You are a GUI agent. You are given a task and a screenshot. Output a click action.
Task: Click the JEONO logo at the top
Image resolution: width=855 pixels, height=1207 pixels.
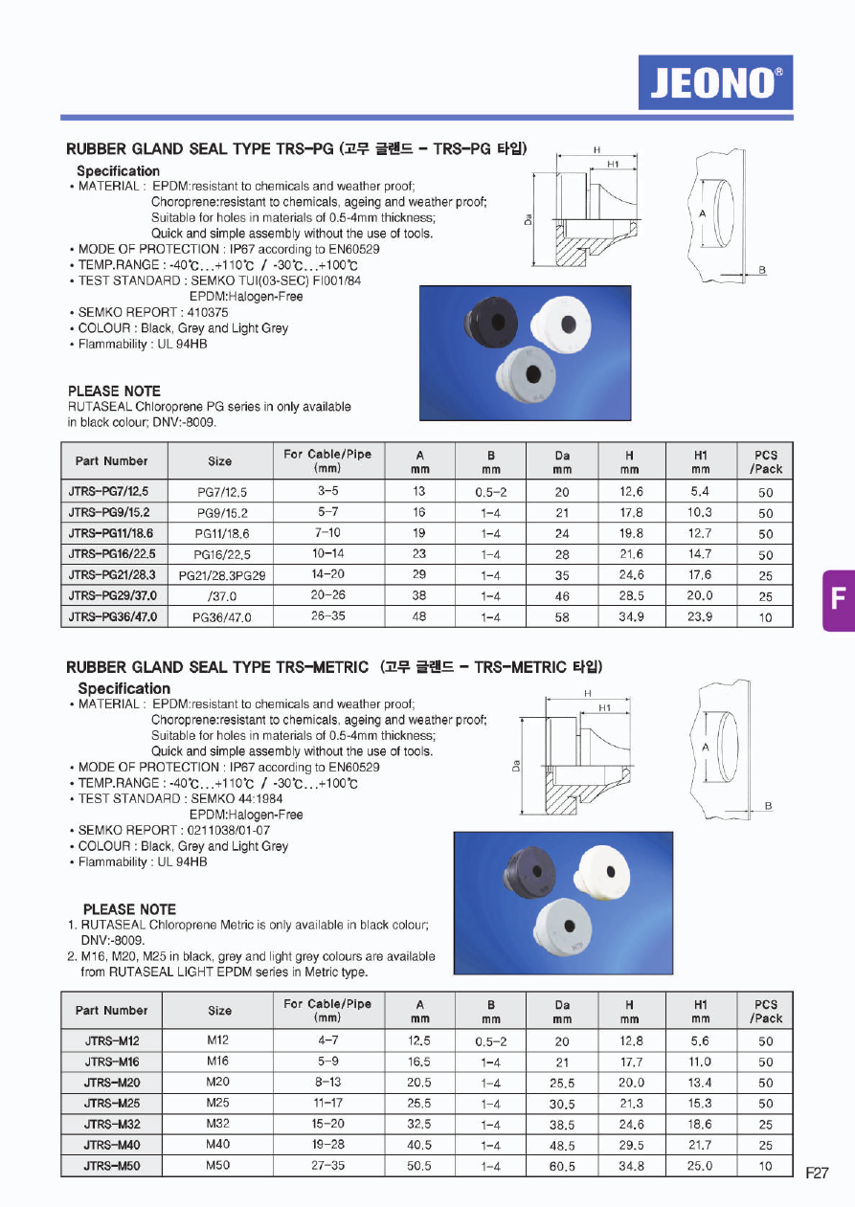tap(715, 82)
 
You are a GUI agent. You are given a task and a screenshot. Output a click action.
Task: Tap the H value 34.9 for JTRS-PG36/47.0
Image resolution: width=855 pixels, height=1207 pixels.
tap(630, 617)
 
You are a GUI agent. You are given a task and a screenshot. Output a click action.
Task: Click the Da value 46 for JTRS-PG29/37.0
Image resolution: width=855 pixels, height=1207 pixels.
tap(561, 596)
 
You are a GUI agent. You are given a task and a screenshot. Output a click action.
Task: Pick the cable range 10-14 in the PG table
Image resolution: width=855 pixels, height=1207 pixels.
tap(327, 554)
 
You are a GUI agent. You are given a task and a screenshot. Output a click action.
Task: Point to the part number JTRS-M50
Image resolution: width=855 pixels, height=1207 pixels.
tap(112, 1167)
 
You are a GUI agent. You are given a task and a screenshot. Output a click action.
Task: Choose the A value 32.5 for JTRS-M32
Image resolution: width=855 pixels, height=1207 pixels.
tap(419, 1125)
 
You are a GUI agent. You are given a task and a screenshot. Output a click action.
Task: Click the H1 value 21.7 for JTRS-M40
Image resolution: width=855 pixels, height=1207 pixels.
tap(700, 1146)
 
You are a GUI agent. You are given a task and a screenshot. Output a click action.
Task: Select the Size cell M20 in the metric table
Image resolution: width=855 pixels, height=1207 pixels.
tap(218, 1083)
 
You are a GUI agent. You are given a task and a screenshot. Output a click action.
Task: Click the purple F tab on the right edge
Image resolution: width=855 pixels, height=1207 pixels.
tap(838, 600)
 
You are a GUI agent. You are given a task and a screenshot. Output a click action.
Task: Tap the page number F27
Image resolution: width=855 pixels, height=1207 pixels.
tap(817, 1173)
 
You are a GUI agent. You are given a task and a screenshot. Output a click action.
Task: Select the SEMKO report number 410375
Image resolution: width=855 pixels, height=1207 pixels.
tap(202, 312)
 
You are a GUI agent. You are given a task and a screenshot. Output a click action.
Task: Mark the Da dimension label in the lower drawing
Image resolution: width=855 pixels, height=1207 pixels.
tap(516, 765)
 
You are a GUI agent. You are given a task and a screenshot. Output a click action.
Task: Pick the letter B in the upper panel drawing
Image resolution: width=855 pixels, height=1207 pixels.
tap(762, 270)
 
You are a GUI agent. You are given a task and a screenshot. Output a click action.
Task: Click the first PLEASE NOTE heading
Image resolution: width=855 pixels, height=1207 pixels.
tap(114, 391)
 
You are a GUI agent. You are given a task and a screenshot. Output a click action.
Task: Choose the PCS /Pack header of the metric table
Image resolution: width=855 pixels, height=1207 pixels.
tap(766, 1011)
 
